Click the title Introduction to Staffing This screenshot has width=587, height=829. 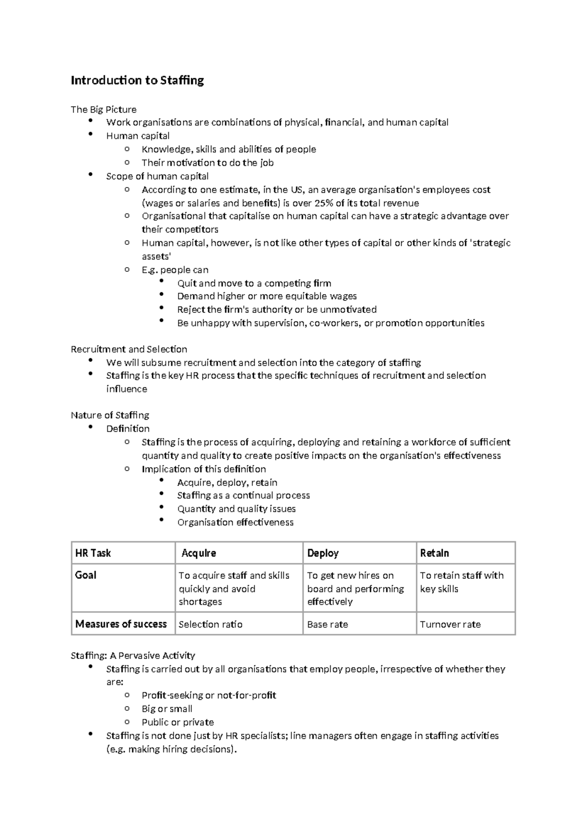tap(137, 80)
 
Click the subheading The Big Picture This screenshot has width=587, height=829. tap(103, 109)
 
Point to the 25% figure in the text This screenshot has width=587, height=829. tap(323, 203)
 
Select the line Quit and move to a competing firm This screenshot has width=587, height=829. tap(254, 283)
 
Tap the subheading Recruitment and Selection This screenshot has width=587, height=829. tap(129, 349)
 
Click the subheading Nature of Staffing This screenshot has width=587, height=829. tap(110, 415)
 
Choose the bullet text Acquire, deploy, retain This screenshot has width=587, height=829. tap(227, 482)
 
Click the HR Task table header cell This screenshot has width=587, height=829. tap(93, 553)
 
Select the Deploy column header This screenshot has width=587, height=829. tap(323, 553)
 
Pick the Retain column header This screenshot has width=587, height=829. tap(434, 553)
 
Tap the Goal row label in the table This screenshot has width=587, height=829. tap(86, 575)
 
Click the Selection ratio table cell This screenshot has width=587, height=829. tap(210, 624)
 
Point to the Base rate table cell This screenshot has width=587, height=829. tap(327, 624)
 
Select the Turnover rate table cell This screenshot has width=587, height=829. tap(450, 624)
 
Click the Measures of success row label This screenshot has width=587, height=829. tap(121, 624)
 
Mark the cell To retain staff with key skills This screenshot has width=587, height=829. tap(461, 582)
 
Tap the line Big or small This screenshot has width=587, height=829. tap(167, 708)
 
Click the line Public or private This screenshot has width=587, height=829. tap(178, 722)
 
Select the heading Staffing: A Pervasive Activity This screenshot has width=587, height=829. tap(133, 655)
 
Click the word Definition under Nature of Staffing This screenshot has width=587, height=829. tap(128, 428)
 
